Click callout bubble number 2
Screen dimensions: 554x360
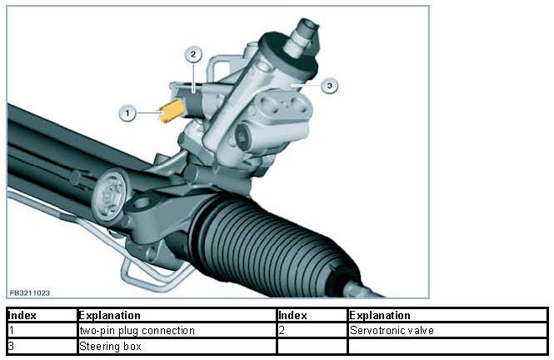[x=192, y=54]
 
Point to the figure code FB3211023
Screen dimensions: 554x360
[x=30, y=292]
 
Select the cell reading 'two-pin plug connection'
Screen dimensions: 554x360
[x=137, y=330]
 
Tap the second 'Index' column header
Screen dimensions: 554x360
[x=293, y=316]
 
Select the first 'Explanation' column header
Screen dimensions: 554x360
[x=109, y=316]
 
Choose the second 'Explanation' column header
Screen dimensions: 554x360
[x=380, y=316]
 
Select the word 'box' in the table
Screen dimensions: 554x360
[x=132, y=345]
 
